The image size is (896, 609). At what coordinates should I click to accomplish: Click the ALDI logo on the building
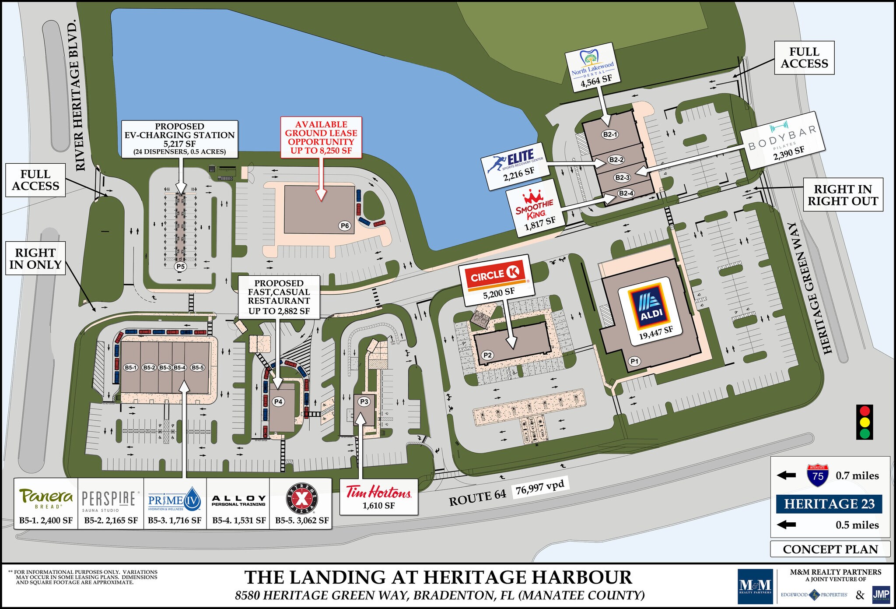point(651,304)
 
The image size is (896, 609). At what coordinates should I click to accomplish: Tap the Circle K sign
point(495,275)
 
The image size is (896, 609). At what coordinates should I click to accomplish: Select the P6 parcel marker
point(345,226)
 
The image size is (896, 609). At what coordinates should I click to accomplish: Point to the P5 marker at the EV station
point(180,266)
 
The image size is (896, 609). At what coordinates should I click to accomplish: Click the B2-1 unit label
point(610,134)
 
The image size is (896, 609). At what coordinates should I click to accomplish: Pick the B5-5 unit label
point(197,367)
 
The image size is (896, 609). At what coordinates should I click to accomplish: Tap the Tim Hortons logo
point(378,492)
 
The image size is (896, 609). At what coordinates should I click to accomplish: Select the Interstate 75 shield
point(818,475)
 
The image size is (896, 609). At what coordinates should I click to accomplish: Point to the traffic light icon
point(864,422)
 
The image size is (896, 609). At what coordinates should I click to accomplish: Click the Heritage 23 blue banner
point(829,504)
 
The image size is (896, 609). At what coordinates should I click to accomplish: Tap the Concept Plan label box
point(830,549)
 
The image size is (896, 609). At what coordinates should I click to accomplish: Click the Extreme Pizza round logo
point(302,499)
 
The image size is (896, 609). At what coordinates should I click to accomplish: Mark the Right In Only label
point(35,258)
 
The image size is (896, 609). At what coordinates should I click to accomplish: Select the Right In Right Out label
point(843,195)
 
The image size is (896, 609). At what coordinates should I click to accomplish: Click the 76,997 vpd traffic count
point(540,487)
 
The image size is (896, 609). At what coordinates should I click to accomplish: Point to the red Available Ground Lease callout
point(321,137)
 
